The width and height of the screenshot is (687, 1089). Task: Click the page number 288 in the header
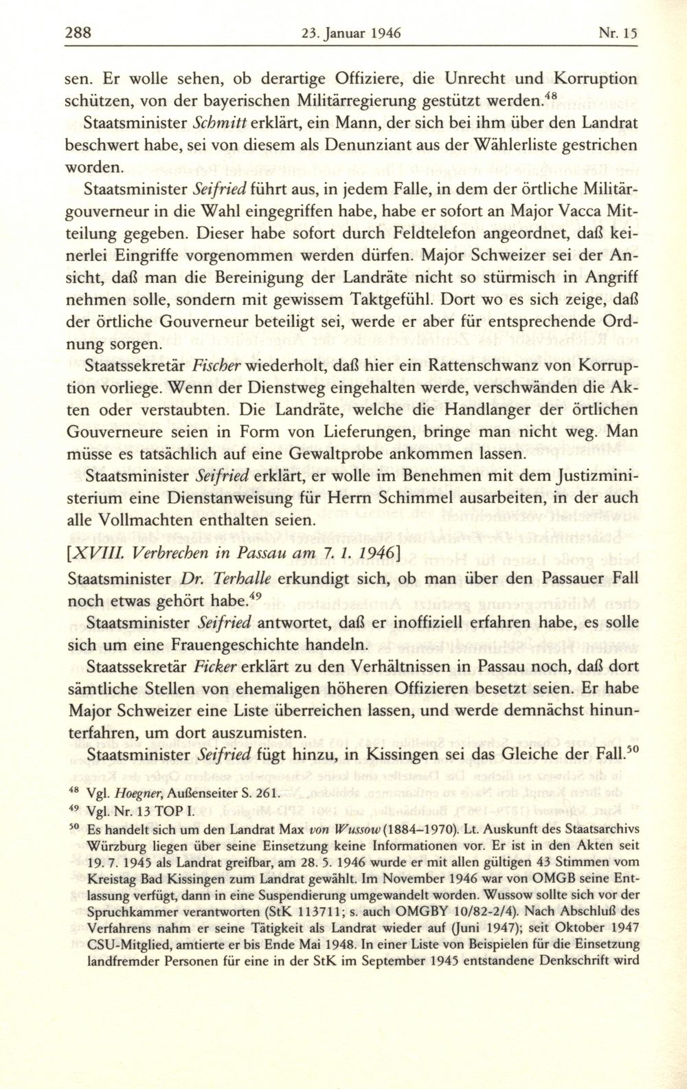coord(79,32)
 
